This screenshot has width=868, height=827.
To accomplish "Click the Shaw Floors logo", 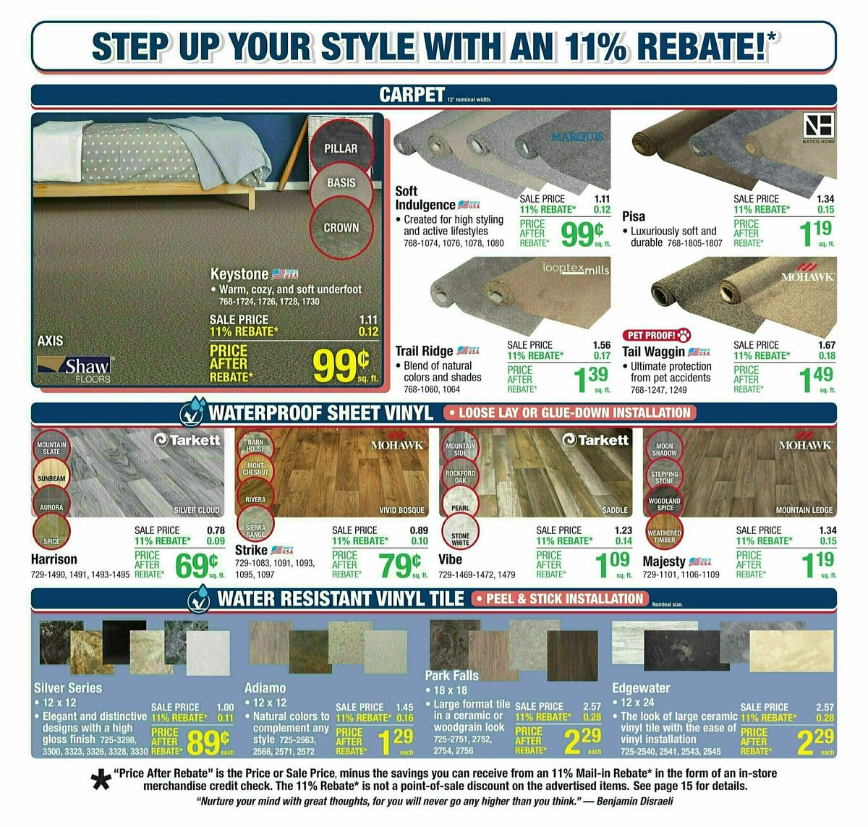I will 75,368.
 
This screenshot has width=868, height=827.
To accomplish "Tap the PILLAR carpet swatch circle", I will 341,147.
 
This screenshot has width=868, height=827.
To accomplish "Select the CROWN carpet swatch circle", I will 341,227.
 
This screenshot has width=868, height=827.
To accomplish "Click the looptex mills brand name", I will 576,268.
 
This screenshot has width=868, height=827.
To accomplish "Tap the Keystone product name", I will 239,274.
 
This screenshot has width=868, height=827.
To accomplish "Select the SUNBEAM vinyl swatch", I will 51,478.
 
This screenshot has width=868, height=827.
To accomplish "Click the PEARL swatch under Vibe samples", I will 461,507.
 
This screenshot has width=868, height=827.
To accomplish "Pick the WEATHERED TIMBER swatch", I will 664,536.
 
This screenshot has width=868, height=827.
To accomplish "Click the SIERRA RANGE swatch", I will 255,530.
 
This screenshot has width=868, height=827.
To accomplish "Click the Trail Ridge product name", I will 424,351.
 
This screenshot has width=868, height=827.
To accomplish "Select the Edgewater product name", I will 641,688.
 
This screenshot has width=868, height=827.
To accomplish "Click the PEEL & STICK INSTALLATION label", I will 563,599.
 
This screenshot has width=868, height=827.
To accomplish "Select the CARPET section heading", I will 412,95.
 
